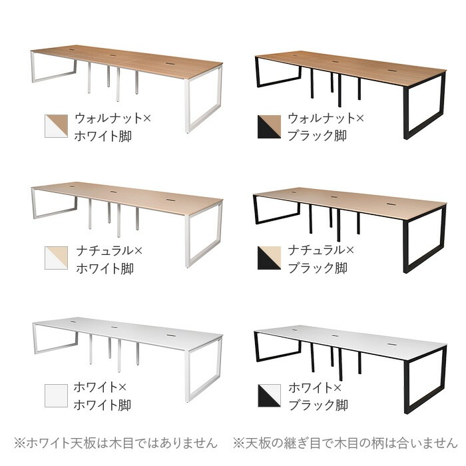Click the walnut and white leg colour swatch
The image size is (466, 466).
pos(56,126)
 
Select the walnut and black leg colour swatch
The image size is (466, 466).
pos(269,126)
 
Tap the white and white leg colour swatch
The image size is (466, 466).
pos(56,395)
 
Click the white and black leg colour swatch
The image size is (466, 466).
pos(269,395)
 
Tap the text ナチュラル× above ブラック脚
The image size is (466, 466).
pos(322,251)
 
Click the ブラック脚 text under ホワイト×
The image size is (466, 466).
pos(317,404)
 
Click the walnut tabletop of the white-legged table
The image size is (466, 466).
pos(126,59)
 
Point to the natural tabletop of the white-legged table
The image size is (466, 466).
pos(126,193)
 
